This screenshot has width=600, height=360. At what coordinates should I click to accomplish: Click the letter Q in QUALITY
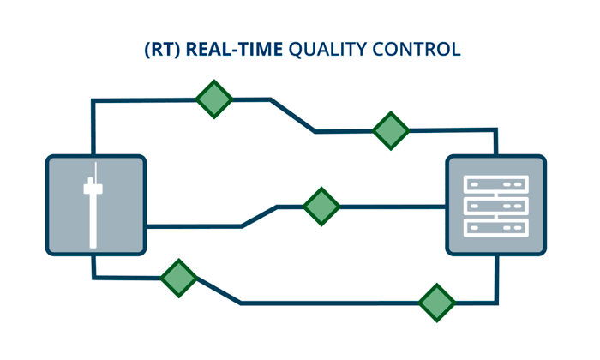point(296,50)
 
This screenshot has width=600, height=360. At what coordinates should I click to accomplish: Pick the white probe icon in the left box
point(94,210)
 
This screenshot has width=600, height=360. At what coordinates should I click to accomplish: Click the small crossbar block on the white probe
point(94,186)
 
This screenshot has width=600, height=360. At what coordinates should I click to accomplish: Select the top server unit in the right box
point(495,184)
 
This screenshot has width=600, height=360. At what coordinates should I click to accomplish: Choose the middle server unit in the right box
point(495,206)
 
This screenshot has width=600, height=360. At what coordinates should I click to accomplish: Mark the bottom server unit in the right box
point(495,227)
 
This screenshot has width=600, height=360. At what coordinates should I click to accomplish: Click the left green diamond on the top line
point(214,99)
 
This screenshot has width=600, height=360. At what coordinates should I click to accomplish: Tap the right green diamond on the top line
point(391,130)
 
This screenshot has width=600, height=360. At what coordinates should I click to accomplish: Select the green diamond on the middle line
point(321,206)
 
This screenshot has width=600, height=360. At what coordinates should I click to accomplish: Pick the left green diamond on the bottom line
point(178,278)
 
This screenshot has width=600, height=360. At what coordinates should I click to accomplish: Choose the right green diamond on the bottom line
point(436,303)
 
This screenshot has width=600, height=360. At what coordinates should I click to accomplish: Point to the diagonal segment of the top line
point(293,116)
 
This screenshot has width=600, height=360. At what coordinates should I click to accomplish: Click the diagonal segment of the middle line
point(259,216)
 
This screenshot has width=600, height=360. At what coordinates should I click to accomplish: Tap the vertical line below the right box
point(496,279)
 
